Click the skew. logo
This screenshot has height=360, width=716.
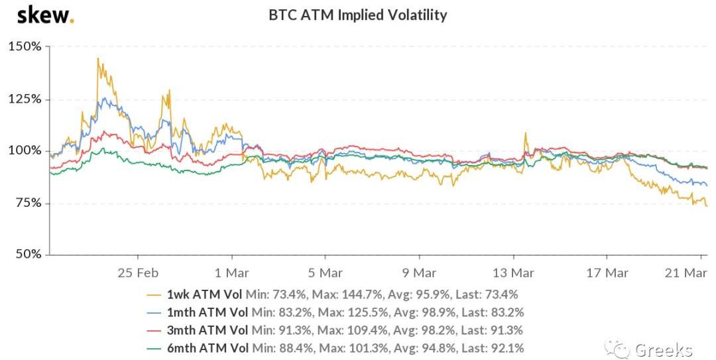[x=45, y=15]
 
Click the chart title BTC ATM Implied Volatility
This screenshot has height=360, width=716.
[x=357, y=15]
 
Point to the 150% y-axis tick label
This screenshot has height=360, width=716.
[x=25, y=47]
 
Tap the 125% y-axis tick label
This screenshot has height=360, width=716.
[x=25, y=99]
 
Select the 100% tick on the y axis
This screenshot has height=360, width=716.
[x=25, y=150]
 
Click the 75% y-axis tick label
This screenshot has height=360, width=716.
[x=28, y=202]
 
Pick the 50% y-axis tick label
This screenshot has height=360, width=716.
[x=28, y=254]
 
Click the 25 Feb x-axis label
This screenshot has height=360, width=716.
[x=137, y=272]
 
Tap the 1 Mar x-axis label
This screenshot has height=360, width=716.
[x=231, y=272]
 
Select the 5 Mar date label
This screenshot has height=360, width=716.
[x=325, y=272]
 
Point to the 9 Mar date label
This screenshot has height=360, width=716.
[x=419, y=272]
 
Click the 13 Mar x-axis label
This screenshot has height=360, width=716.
[x=513, y=272]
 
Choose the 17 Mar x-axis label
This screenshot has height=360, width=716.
[x=607, y=272]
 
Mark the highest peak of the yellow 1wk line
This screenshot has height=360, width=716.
[x=97, y=58]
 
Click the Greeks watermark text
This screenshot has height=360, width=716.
[x=663, y=349]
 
